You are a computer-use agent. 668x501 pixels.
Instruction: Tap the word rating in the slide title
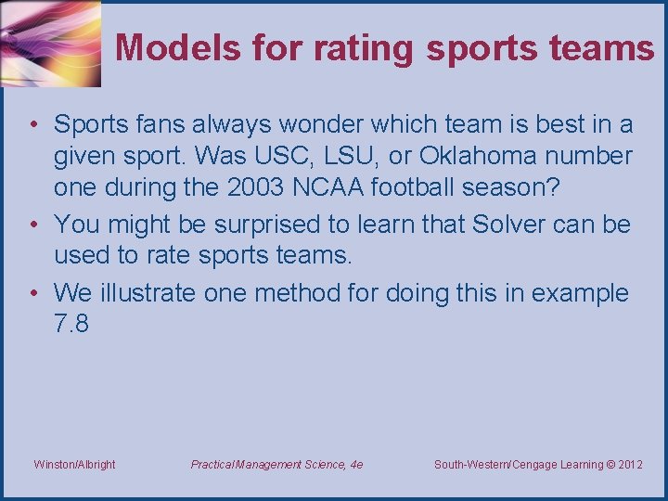(x=364, y=47)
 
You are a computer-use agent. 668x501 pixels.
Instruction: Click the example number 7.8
(x=71, y=325)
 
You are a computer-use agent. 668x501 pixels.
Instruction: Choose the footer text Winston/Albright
(x=74, y=464)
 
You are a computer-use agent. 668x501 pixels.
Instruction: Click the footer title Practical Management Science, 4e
(x=276, y=464)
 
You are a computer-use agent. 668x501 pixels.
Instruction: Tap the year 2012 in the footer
(x=629, y=464)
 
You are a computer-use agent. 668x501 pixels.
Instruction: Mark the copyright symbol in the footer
(x=607, y=464)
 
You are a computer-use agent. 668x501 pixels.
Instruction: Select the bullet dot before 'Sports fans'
(x=32, y=123)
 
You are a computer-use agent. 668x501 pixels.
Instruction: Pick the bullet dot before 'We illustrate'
(x=32, y=293)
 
